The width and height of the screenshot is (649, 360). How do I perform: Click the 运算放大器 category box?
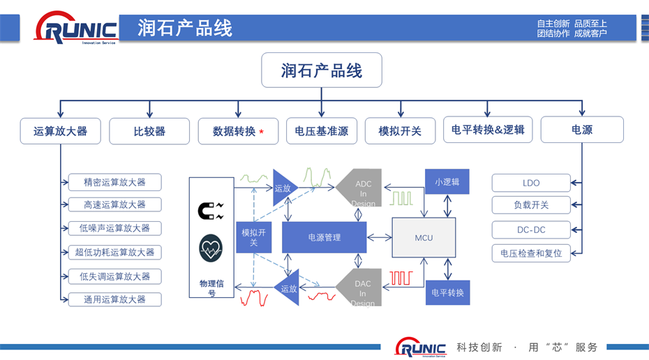[60, 130]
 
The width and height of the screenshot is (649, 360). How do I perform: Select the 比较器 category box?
[149, 130]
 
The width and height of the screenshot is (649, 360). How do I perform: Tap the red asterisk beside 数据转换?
[261, 131]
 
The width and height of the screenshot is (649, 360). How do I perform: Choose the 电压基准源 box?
[322, 130]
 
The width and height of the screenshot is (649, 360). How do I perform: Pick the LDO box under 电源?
[531, 183]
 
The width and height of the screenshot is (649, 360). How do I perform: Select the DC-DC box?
[531, 229]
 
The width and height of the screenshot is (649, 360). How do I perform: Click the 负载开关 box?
[531, 205]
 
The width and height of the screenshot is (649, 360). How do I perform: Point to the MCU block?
[424, 237]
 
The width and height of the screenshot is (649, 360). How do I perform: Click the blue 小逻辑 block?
[447, 181]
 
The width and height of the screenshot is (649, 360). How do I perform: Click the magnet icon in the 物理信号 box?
[210, 210]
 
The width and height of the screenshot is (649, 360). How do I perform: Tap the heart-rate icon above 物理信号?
[210, 247]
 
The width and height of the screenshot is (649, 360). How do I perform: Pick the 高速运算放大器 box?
[115, 204]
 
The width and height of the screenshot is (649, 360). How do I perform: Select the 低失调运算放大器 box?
[115, 276]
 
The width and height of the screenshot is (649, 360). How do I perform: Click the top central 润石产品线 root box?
[322, 70]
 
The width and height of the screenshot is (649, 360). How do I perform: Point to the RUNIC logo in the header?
[77, 30]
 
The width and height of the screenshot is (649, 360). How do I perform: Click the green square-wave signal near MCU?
[402, 198]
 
